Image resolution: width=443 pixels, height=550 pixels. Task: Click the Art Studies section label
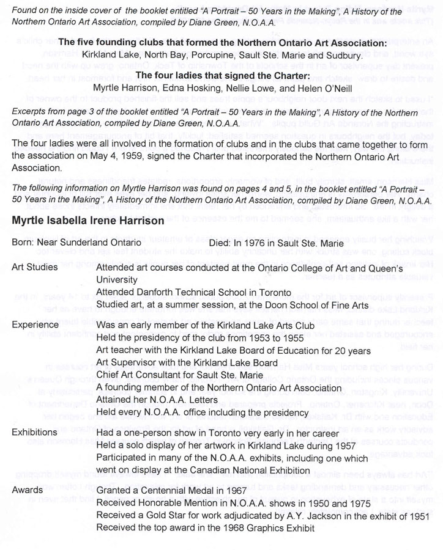[x=35, y=267]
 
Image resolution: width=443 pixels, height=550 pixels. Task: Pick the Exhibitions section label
[x=35, y=432]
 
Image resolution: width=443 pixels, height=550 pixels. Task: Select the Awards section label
[x=28, y=490]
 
